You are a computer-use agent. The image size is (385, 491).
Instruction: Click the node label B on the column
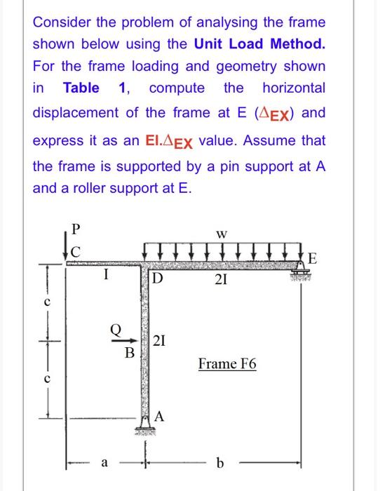[129, 352]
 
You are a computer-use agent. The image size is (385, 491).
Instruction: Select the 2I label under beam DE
[220, 281]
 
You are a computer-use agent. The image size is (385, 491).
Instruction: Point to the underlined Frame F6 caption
[227, 364]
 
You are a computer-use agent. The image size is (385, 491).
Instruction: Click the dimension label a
[104, 464]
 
